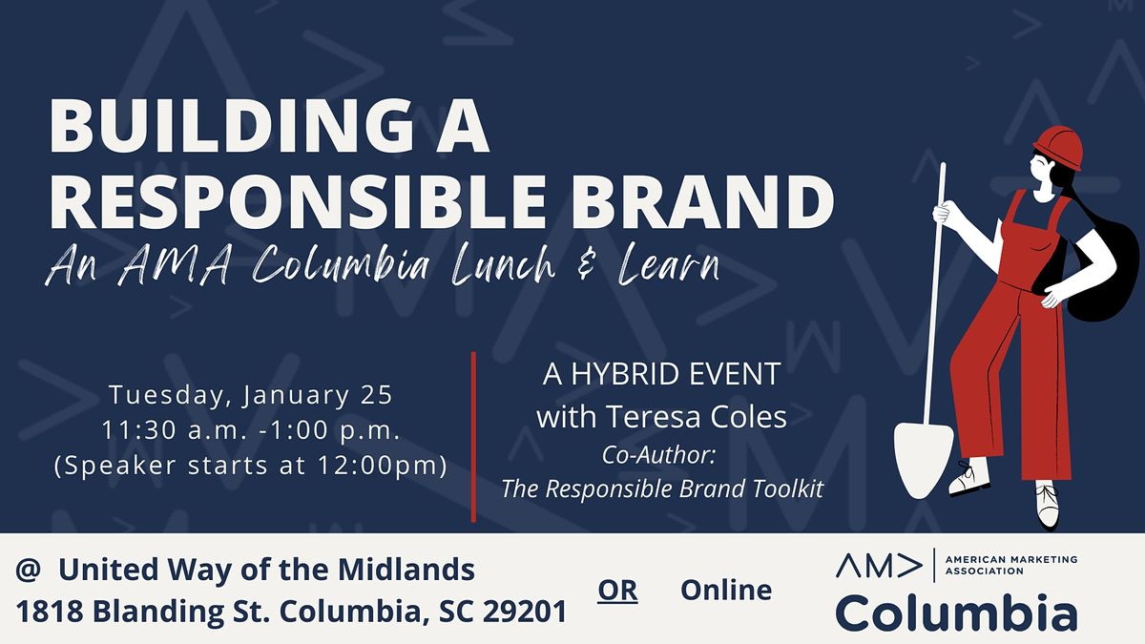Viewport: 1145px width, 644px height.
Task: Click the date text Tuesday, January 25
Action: (x=251, y=394)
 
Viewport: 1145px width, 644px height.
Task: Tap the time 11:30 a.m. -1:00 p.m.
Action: (x=251, y=430)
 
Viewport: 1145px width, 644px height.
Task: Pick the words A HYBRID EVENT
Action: (x=661, y=374)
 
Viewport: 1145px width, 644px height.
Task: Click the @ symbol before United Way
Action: (x=27, y=571)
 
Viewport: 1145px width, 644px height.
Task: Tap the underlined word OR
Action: (x=617, y=591)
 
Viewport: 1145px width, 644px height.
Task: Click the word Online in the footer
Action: (x=726, y=590)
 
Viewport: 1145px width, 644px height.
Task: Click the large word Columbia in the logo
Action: (x=956, y=612)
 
